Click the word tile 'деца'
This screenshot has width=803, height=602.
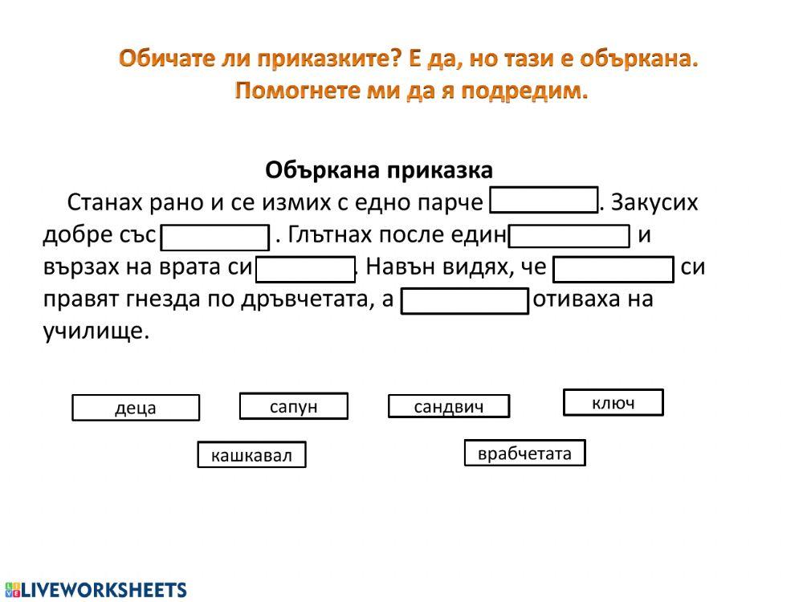136,408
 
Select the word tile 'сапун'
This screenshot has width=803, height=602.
294,406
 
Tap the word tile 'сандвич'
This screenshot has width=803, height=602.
449,406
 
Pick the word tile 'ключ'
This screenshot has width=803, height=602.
613,402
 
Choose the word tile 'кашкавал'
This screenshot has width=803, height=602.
252,455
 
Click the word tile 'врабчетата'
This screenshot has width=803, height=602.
524,453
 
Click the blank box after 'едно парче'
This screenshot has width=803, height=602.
544,201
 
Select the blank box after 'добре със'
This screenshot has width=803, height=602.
215,237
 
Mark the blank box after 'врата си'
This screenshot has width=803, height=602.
305,269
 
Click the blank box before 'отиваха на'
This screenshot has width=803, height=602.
465,301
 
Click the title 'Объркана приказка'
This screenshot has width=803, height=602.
379,170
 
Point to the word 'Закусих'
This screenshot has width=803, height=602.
654,202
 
